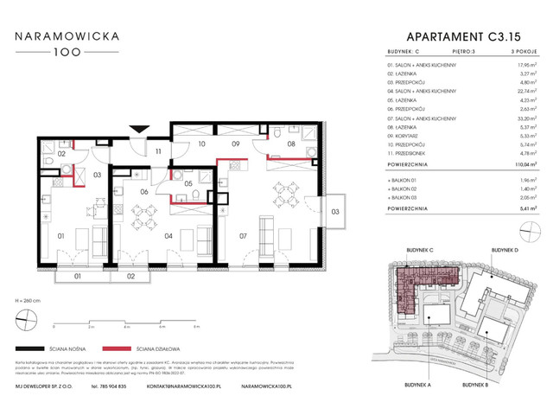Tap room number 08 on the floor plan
pyautogui.click(x=291, y=145)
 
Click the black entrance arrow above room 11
pyautogui.click(x=135, y=130)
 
